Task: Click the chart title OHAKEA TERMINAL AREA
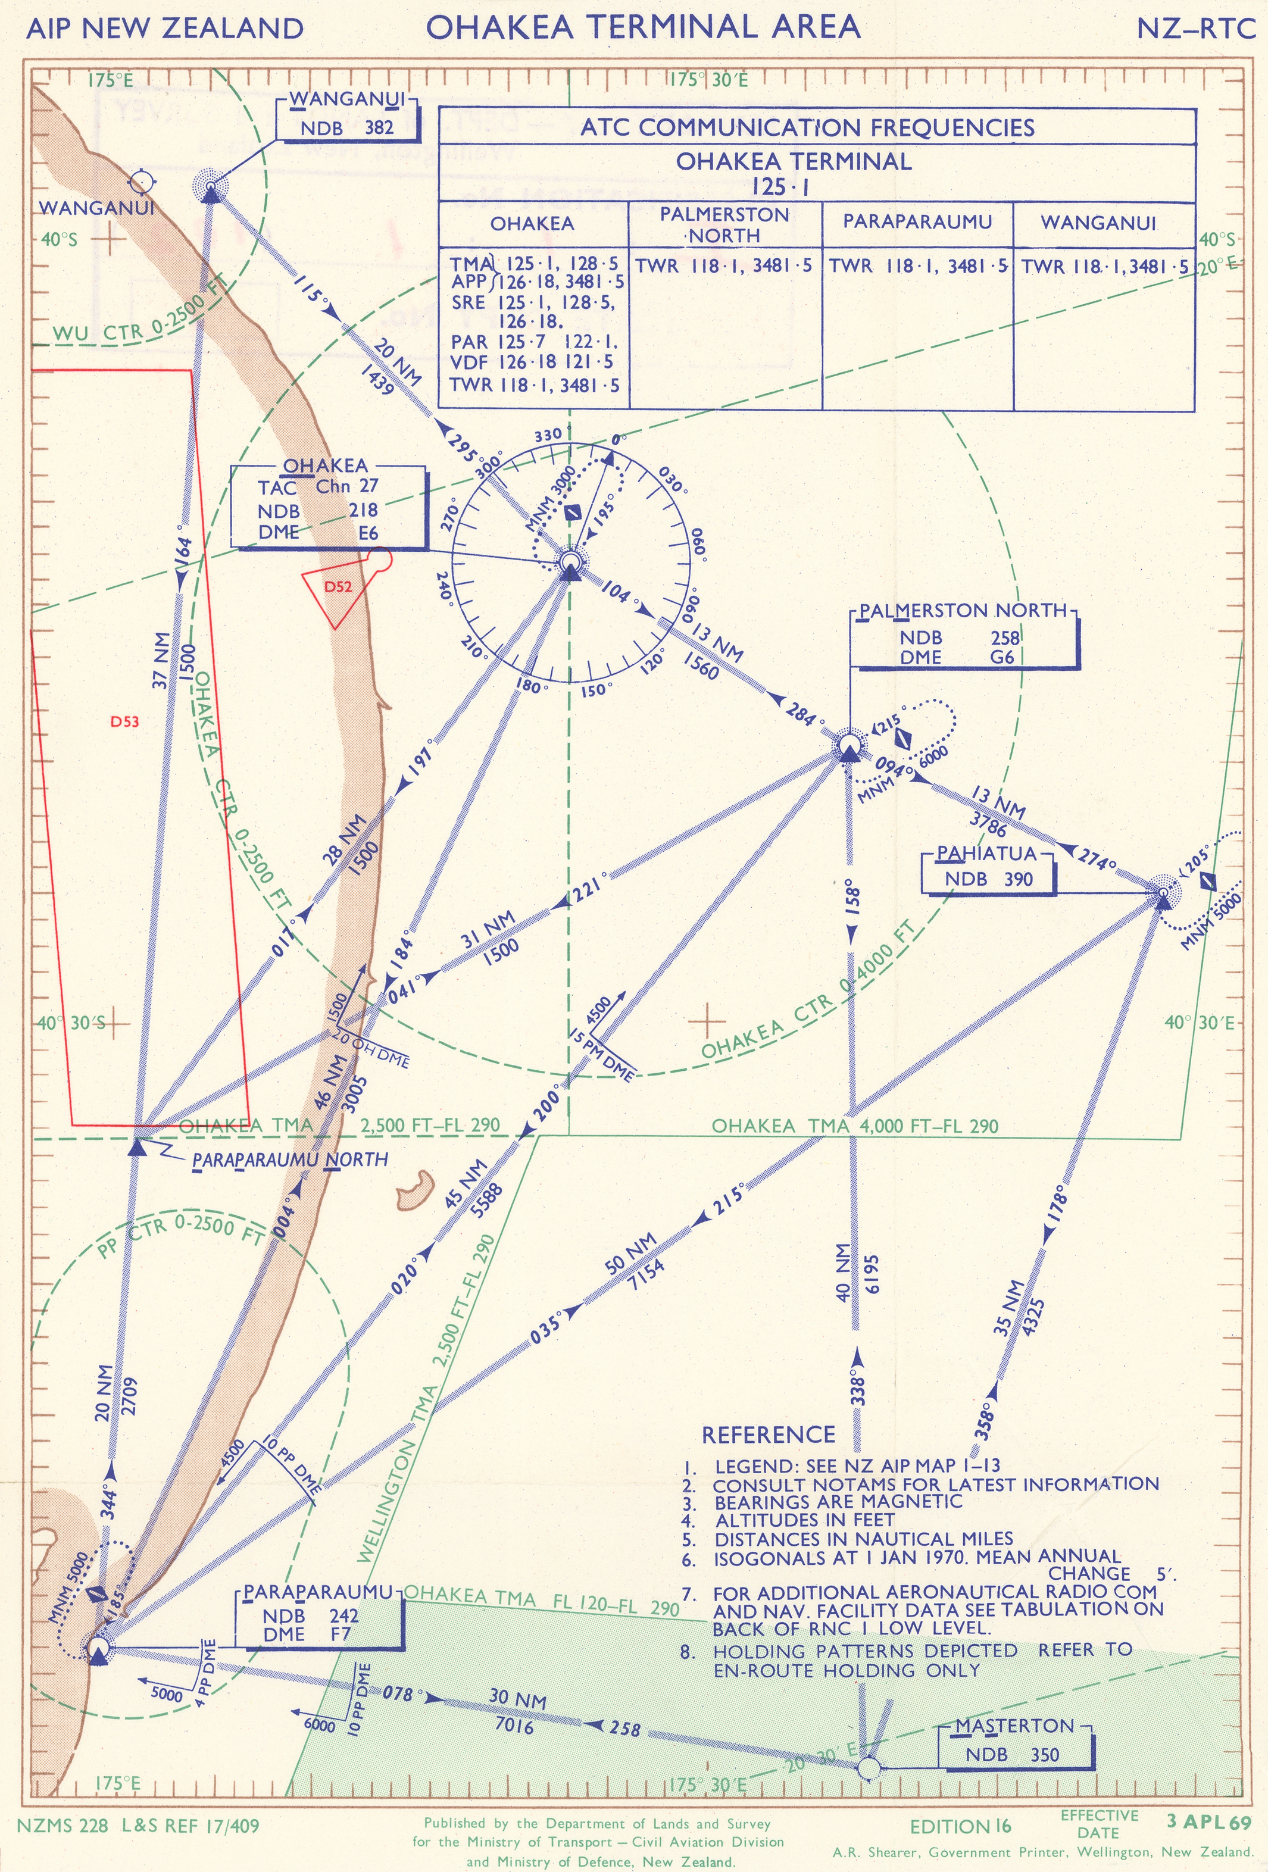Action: click(643, 27)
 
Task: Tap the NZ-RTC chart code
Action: click(1195, 28)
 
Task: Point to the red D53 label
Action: click(125, 722)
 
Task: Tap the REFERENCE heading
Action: click(768, 1435)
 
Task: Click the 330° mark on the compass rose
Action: click(548, 435)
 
